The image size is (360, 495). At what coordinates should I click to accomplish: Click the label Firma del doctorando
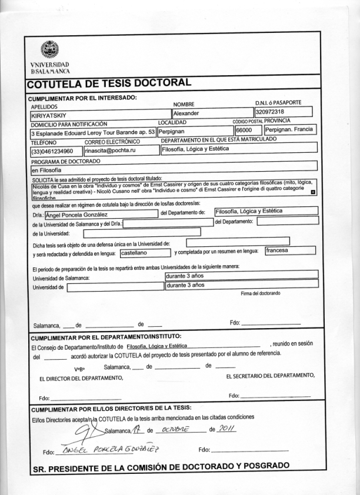[261, 293]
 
